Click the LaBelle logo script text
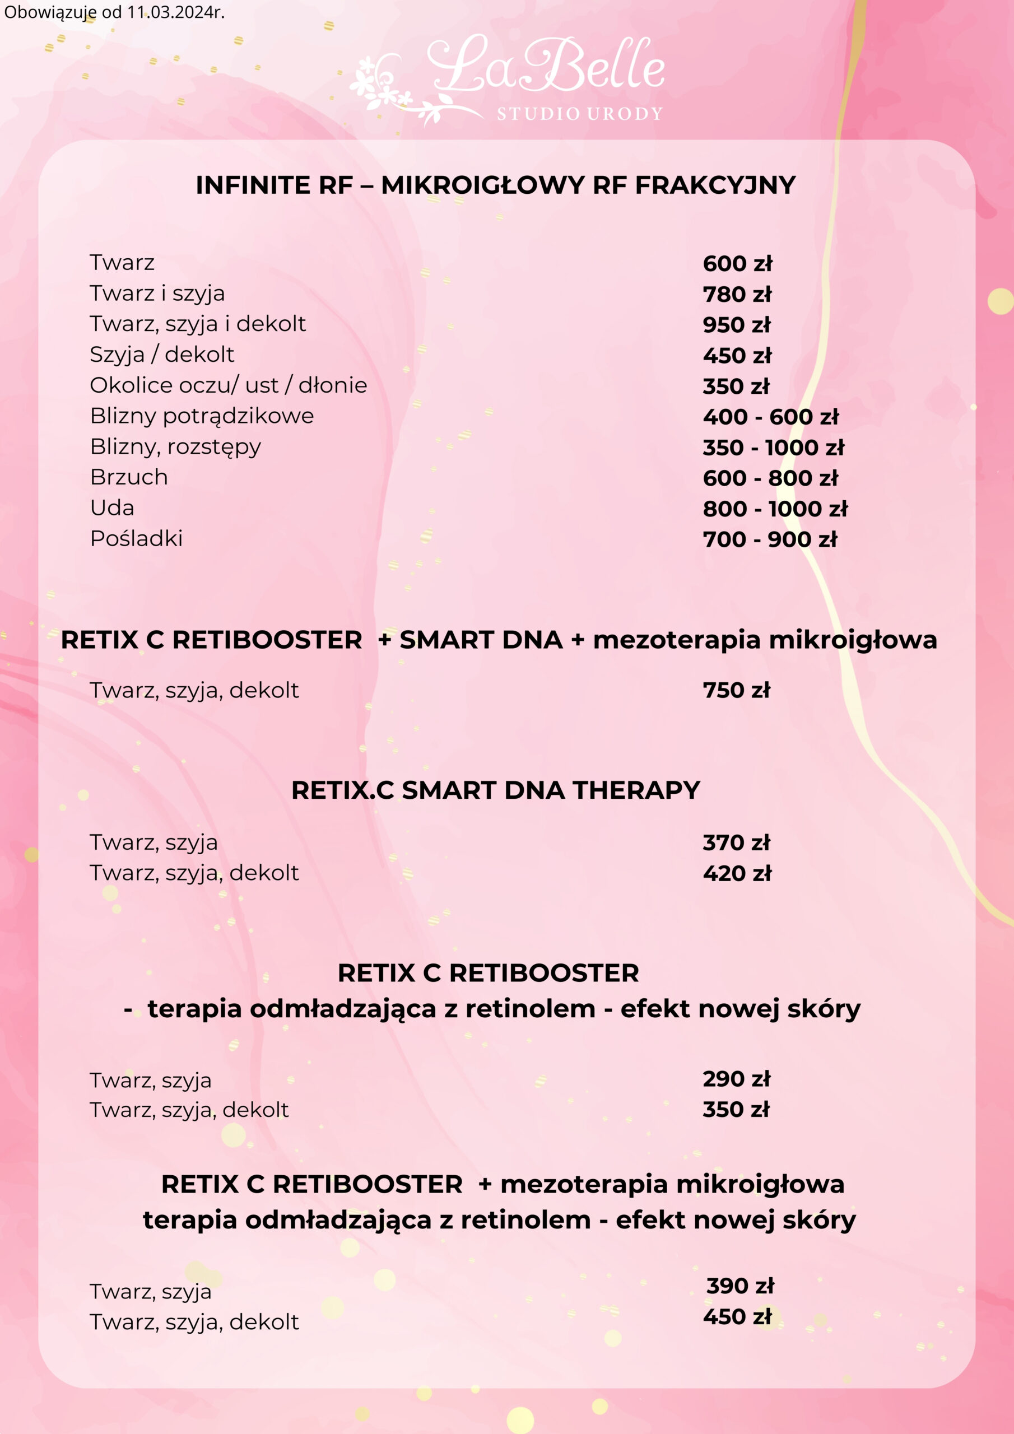(x=546, y=66)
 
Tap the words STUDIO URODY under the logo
(x=579, y=114)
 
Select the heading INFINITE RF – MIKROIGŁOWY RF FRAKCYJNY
(x=495, y=185)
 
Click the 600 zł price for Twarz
(x=737, y=264)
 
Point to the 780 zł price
(x=737, y=294)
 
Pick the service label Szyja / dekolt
(x=162, y=354)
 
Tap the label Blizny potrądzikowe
(x=202, y=415)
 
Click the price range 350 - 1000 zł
(x=773, y=447)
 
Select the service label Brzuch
(x=129, y=477)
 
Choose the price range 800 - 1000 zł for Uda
(x=775, y=509)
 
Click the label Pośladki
(x=136, y=538)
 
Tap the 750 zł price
(x=736, y=690)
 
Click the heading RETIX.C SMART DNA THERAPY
(x=495, y=790)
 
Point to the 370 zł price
(x=736, y=842)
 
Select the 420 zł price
(x=737, y=873)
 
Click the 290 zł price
(x=736, y=1079)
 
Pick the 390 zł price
(x=739, y=1286)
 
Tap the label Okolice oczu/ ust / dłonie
(x=228, y=385)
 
